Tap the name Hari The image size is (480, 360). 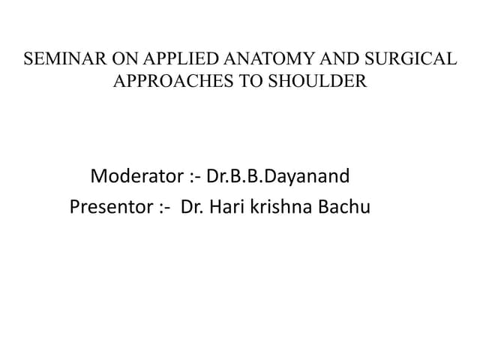(x=224, y=206)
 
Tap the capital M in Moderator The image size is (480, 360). (x=97, y=178)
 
